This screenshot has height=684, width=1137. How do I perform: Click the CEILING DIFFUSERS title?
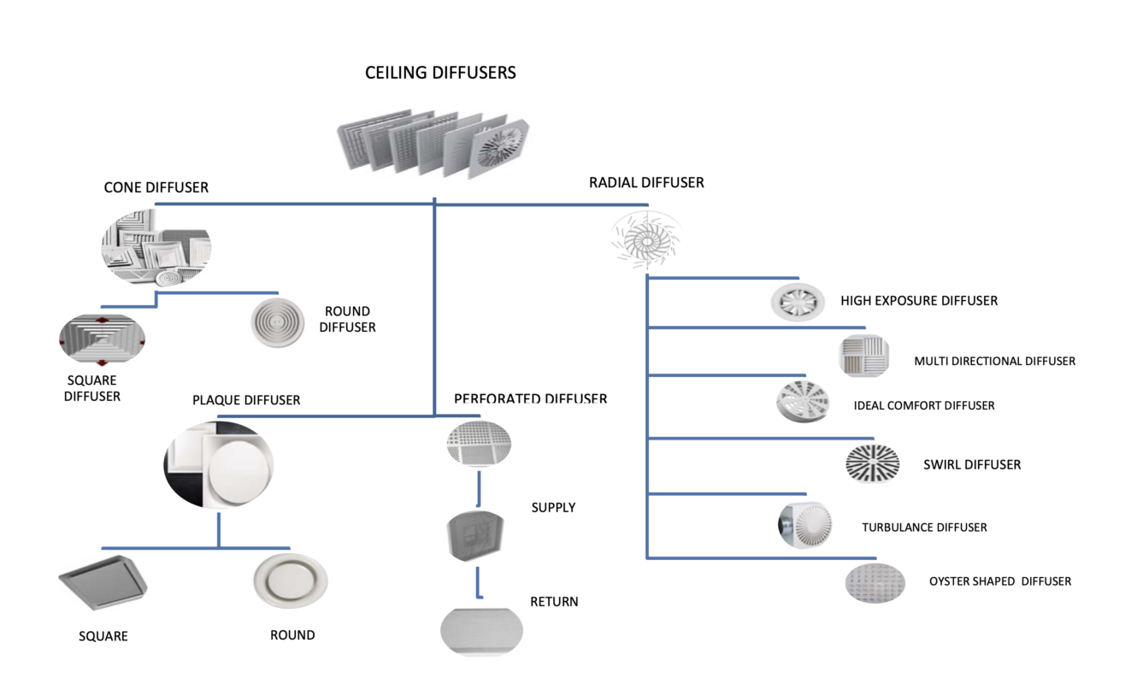tap(440, 73)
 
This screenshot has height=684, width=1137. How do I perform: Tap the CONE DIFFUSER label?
tap(156, 187)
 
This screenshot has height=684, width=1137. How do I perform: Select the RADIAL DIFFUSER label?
tap(646, 182)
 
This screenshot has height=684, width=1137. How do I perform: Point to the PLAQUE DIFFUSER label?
tap(246, 400)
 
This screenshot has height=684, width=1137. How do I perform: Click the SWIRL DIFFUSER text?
tap(972, 465)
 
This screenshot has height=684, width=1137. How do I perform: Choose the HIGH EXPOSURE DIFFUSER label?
tap(919, 301)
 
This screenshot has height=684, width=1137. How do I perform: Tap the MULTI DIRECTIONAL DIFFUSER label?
tap(994, 361)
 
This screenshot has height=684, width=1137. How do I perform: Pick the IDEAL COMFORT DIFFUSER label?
tap(924, 405)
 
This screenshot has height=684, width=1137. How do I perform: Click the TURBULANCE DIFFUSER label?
tap(924, 528)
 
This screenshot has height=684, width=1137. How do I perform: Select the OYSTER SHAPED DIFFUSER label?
tap(1000, 581)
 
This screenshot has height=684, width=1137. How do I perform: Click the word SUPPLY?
tap(553, 508)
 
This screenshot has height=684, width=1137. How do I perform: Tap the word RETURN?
tap(554, 602)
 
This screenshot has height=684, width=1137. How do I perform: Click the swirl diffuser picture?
tap(873, 464)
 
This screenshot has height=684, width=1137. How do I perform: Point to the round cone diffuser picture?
tap(277, 322)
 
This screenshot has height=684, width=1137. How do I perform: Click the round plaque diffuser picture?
tap(291, 581)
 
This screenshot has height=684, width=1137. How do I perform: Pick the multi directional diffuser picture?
tap(864, 356)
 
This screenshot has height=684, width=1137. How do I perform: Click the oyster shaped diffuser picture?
tap(875, 584)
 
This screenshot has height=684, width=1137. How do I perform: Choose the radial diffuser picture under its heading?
tap(646, 239)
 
